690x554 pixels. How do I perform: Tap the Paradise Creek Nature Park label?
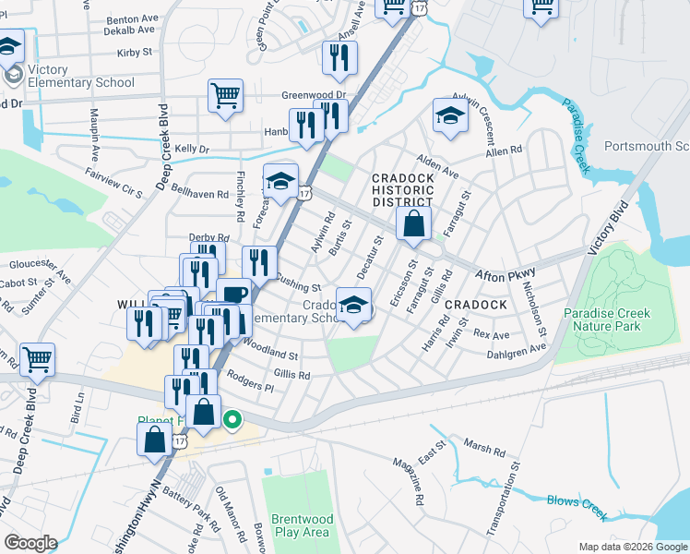tap(613, 319)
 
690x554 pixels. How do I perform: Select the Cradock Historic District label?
tap(402, 189)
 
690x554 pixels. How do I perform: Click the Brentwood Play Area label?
tap(301, 525)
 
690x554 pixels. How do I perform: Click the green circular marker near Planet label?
tap(232, 422)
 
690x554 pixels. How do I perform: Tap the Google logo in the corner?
tap(30, 543)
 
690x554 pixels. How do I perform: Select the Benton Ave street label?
tap(132, 18)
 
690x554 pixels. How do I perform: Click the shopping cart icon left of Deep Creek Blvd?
tap(37, 359)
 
